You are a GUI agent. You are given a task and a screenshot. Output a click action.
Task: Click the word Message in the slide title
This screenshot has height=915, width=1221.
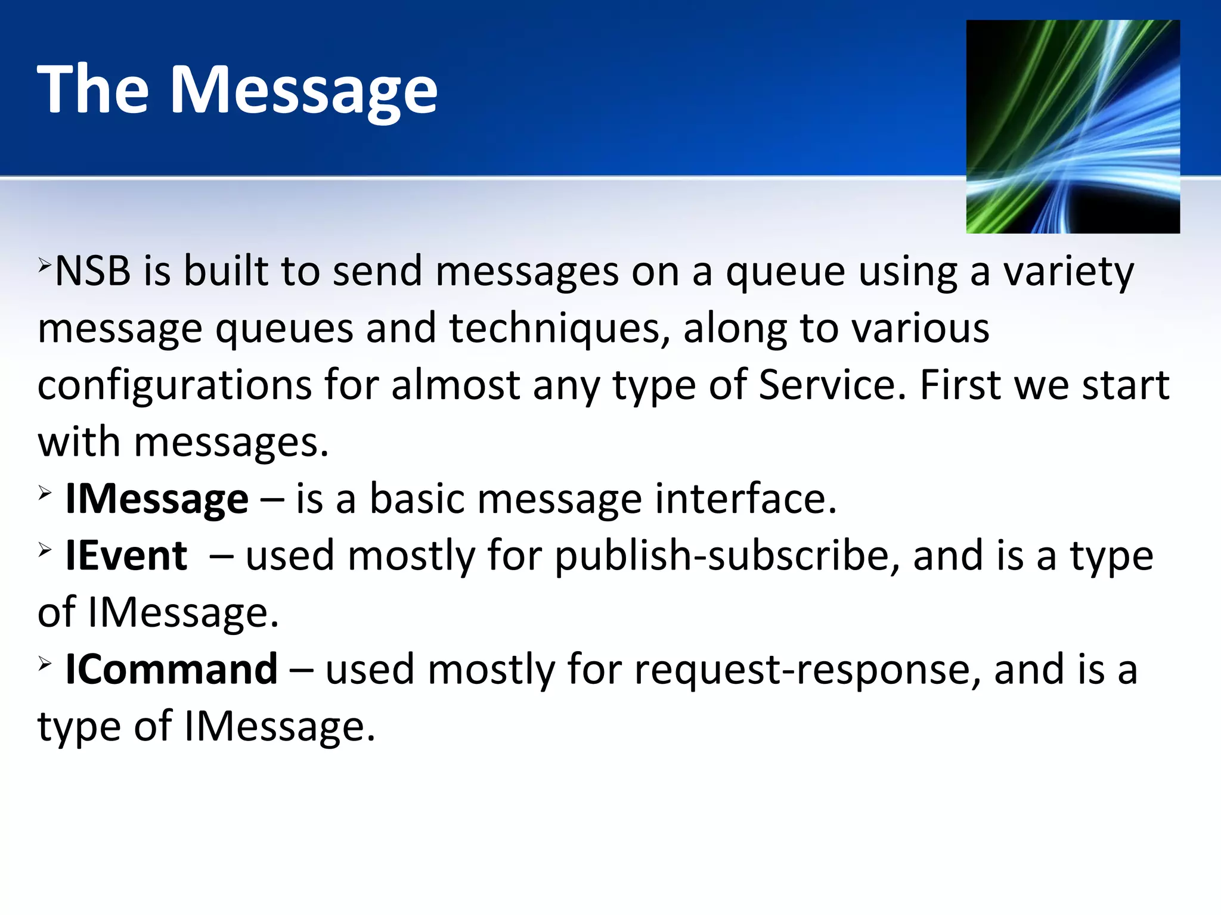(304, 91)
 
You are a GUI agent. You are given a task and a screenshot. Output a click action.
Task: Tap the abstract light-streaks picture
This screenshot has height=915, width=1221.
(1073, 126)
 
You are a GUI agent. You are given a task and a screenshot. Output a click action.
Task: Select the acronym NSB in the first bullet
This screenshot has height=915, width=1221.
(93, 272)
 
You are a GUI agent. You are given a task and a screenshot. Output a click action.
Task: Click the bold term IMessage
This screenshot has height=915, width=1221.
(157, 499)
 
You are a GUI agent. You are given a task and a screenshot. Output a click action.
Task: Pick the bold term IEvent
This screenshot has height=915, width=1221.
(126, 556)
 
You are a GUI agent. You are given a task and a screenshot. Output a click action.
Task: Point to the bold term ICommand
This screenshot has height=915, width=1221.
(172, 670)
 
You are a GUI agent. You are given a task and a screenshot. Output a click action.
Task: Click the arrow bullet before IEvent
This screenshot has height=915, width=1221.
(45, 549)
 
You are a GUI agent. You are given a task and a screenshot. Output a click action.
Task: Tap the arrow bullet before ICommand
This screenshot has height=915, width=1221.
(45, 663)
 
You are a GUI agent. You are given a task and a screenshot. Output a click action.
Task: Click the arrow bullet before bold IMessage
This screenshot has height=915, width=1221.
(45, 493)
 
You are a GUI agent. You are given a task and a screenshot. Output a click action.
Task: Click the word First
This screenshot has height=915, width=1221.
(961, 385)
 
